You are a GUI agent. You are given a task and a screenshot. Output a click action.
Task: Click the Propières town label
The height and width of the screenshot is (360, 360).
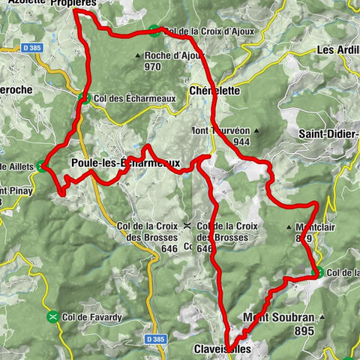[74, 4]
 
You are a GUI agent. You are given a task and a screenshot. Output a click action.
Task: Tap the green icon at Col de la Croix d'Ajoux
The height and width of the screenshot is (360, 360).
[154, 31]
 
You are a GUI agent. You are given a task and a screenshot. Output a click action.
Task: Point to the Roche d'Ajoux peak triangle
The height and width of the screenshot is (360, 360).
[137, 55]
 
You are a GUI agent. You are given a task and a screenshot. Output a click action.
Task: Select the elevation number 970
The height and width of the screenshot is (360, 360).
[153, 66]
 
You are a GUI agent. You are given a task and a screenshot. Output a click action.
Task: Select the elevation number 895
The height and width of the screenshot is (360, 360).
[301, 331]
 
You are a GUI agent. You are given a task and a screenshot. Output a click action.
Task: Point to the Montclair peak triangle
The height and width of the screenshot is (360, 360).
[289, 226]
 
